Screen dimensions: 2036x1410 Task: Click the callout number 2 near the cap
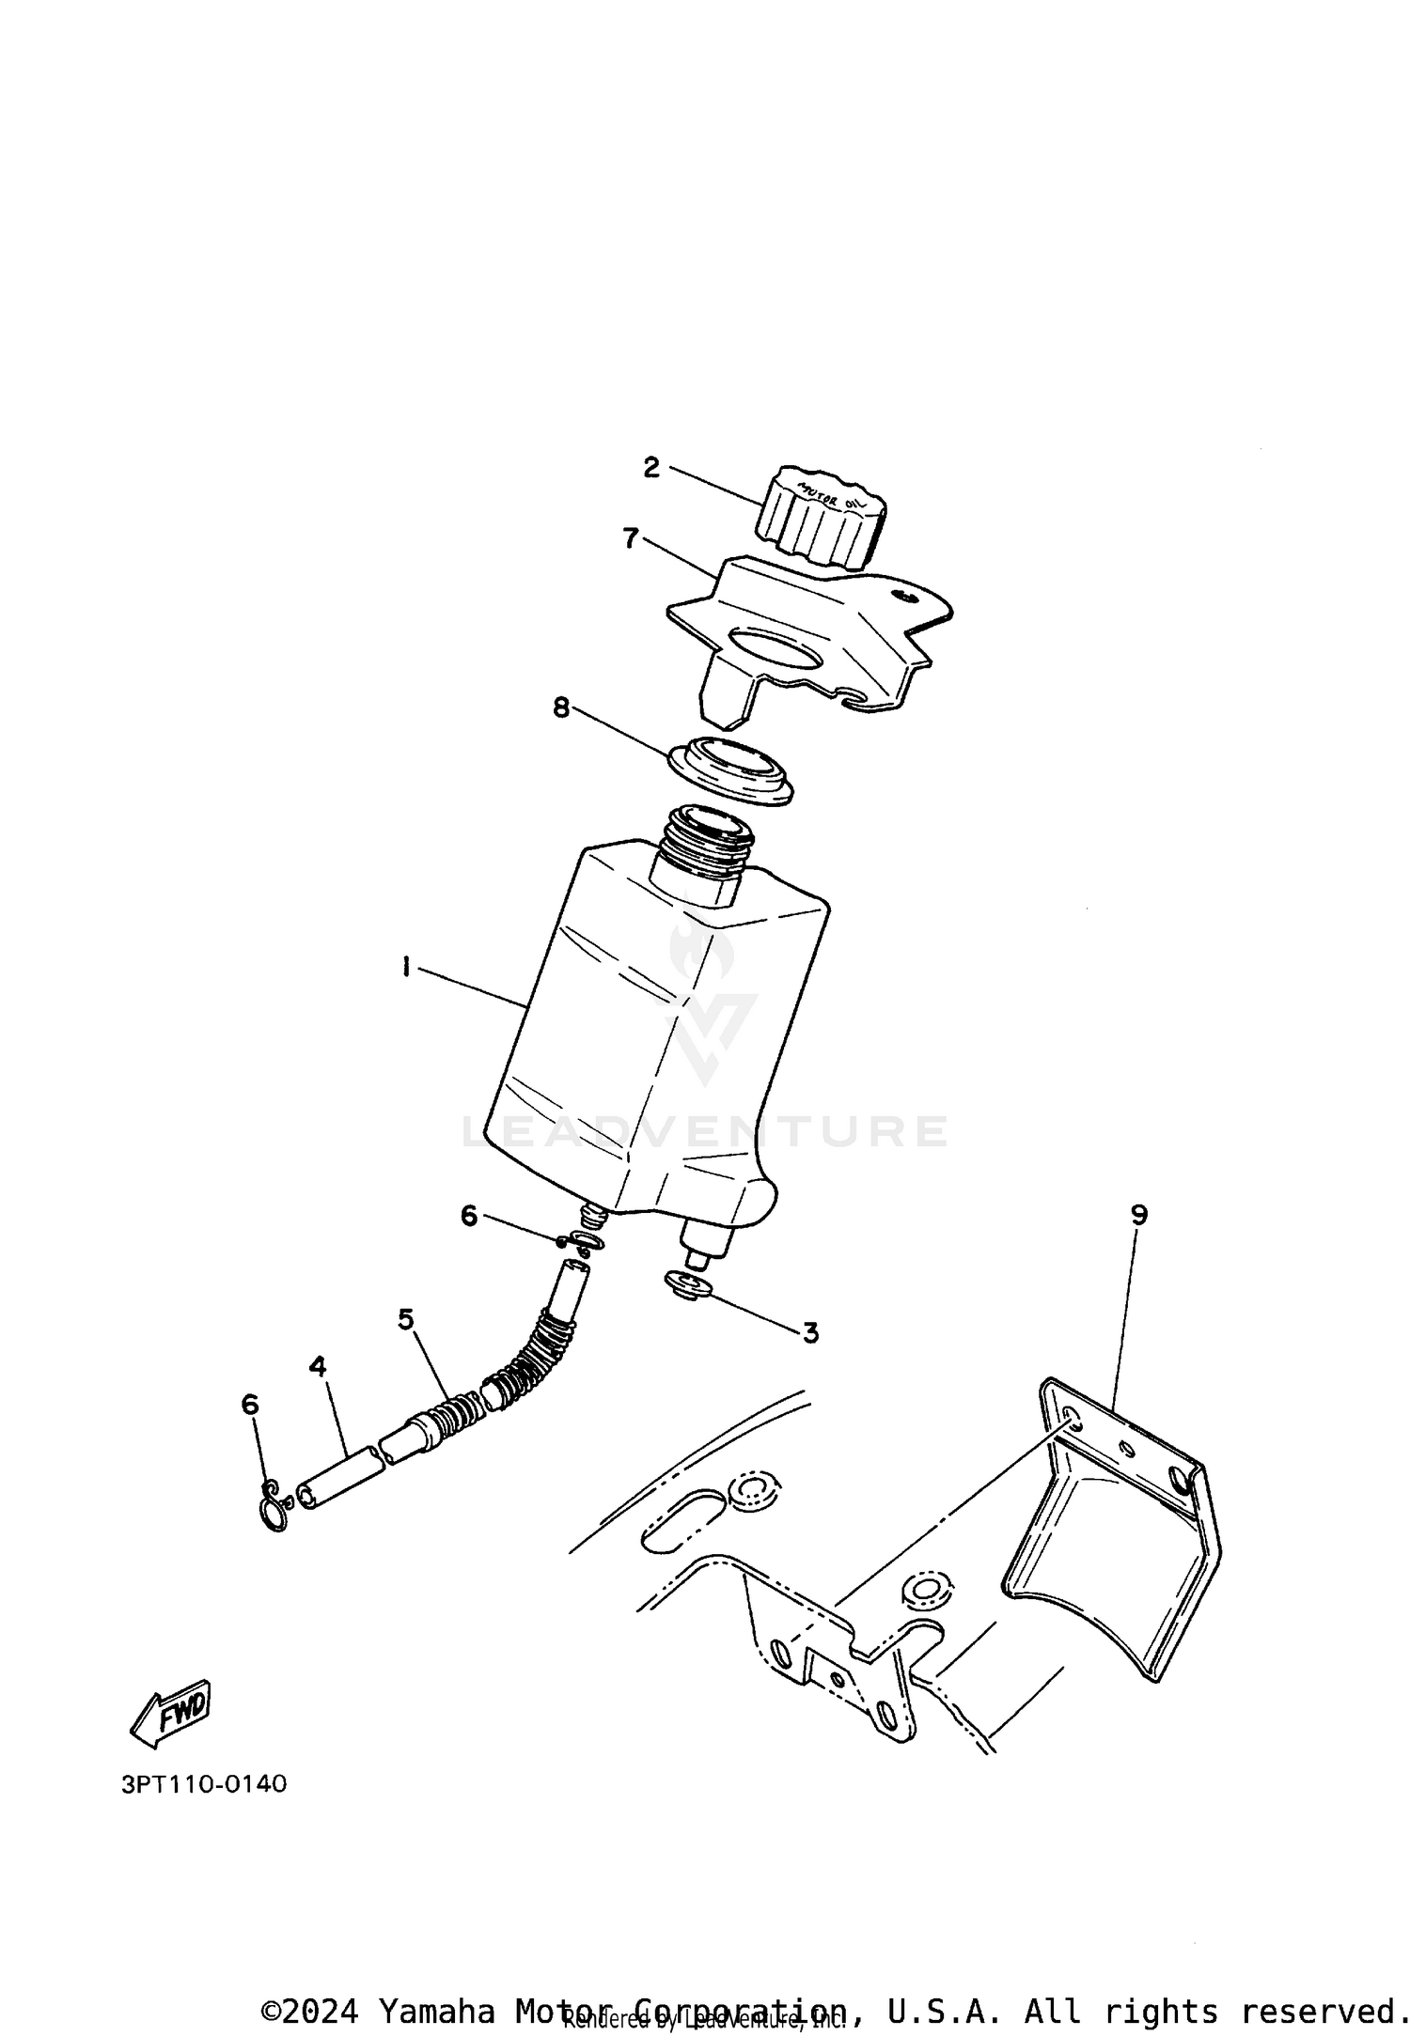tap(651, 467)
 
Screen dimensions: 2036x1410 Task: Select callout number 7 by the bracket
tap(631, 538)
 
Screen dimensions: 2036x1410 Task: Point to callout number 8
tap(561, 707)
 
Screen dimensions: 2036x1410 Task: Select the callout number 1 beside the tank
tap(406, 966)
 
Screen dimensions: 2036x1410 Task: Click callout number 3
tap(810, 1332)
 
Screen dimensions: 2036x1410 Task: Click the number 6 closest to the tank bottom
tap(470, 1216)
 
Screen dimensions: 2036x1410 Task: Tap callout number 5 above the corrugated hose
tap(405, 1319)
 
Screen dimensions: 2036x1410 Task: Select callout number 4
tap(318, 1366)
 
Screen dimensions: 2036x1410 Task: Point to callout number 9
tap(1138, 1215)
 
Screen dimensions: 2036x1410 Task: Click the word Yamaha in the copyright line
tap(436, 2003)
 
